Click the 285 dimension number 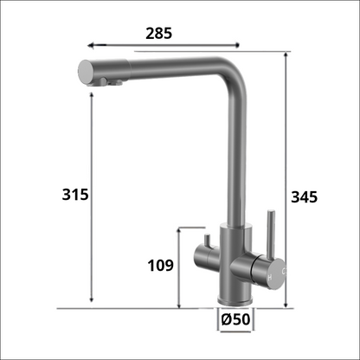click(x=159, y=34)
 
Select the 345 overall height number click(x=305, y=196)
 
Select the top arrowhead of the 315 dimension click(x=90, y=93)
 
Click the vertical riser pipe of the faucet click(x=234, y=156)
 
